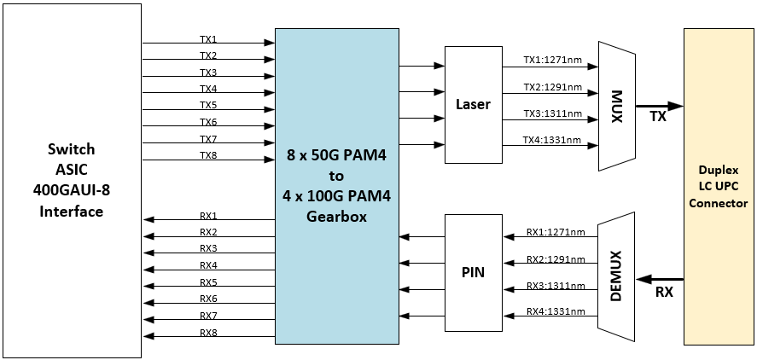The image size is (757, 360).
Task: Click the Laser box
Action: [474, 104]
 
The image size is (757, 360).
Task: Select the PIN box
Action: [473, 273]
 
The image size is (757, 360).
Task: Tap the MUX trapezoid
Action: [617, 107]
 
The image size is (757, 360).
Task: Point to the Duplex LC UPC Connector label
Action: [718, 187]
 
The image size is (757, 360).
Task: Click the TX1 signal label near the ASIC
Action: [208, 39]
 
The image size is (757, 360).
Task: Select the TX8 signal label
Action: [208, 155]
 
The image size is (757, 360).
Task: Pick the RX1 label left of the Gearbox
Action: [208, 216]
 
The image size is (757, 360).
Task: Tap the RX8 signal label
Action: [208, 333]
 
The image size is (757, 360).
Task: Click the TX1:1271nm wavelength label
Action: [552, 61]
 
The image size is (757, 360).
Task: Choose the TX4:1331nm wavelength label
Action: [552, 140]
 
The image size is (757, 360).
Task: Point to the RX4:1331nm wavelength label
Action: [555, 311]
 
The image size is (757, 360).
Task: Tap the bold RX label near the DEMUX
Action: [663, 293]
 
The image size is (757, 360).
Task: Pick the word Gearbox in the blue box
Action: [336, 216]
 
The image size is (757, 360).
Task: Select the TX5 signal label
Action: [208, 106]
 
